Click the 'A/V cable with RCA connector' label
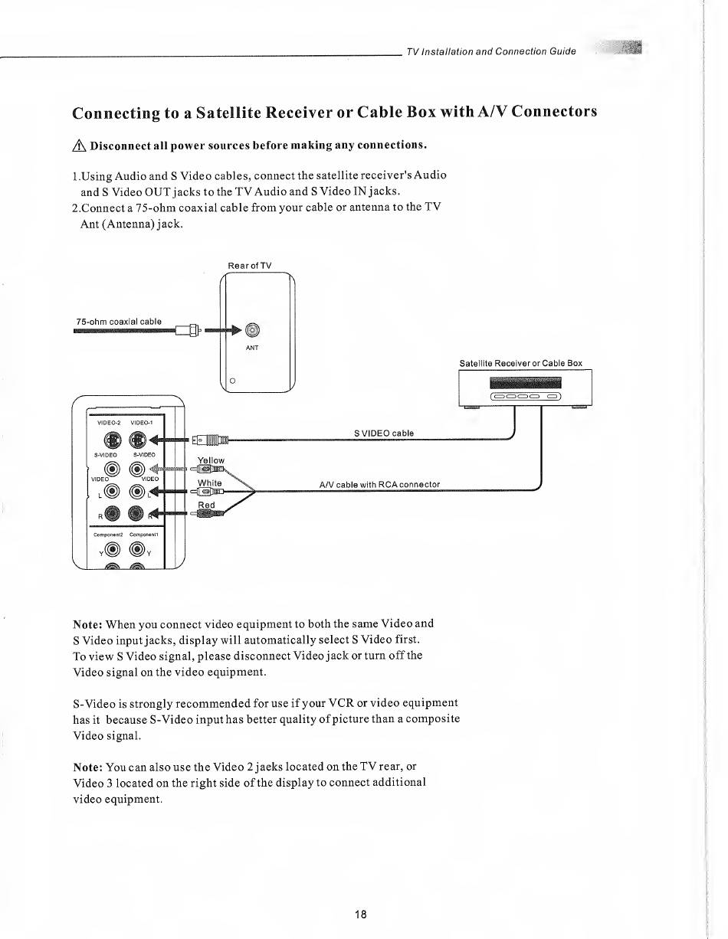[x=379, y=483]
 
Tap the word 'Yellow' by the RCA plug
[x=211, y=460]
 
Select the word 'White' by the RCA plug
[x=209, y=483]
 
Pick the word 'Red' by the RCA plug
[x=207, y=505]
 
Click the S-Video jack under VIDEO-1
[x=137, y=440]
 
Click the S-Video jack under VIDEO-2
[x=111, y=440]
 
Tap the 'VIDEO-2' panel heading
[x=110, y=422]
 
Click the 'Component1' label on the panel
[x=143, y=535]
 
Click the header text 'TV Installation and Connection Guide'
[x=491, y=51]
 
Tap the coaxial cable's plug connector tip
[x=199, y=331]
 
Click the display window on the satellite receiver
[x=525, y=383]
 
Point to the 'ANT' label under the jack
[x=253, y=348]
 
